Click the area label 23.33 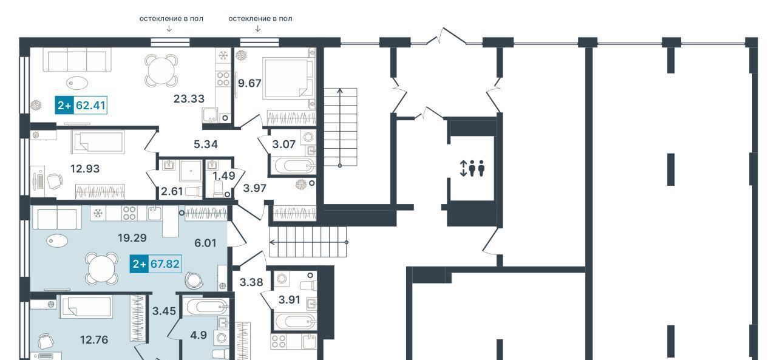[189, 99]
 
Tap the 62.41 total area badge [81, 105]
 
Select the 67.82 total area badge [156, 264]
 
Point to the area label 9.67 [249, 83]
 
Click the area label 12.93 [85, 169]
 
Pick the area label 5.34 [206, 144]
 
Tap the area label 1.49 [224, 176]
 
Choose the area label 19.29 [132, 238]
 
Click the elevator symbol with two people [472, 168]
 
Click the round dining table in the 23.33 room [161, 70]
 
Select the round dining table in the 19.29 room [102, 269]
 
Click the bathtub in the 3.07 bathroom [293, 166]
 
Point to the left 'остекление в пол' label [171, 19]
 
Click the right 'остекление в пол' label [260, 19]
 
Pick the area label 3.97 [254, 188]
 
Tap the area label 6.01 [205, 243]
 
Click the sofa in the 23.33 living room [77, 60]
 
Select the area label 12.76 [94, 340]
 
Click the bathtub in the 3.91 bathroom [295, 322]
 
